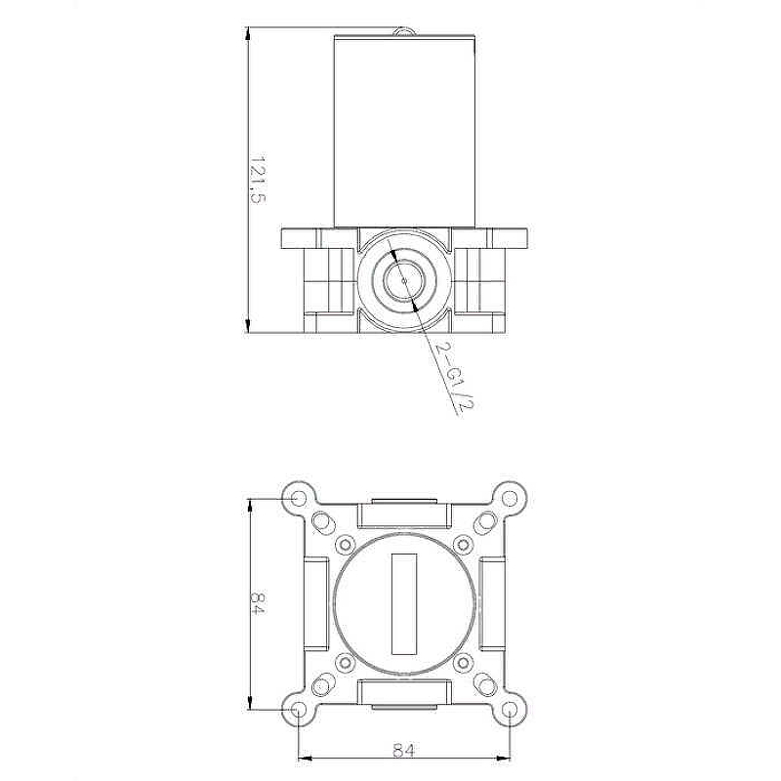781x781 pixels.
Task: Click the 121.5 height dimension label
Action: [258, 180]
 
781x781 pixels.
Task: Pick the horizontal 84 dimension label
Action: [403, 749]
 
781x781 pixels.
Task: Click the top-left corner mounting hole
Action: [299, 498]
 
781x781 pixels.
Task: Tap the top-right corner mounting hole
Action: [509, 498]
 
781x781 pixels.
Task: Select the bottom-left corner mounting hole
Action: [299, 709]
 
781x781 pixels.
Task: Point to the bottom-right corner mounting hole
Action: [509, 709]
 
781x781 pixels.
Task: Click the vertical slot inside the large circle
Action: [404, 603]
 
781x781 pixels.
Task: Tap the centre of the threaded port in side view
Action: [404, 280]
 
